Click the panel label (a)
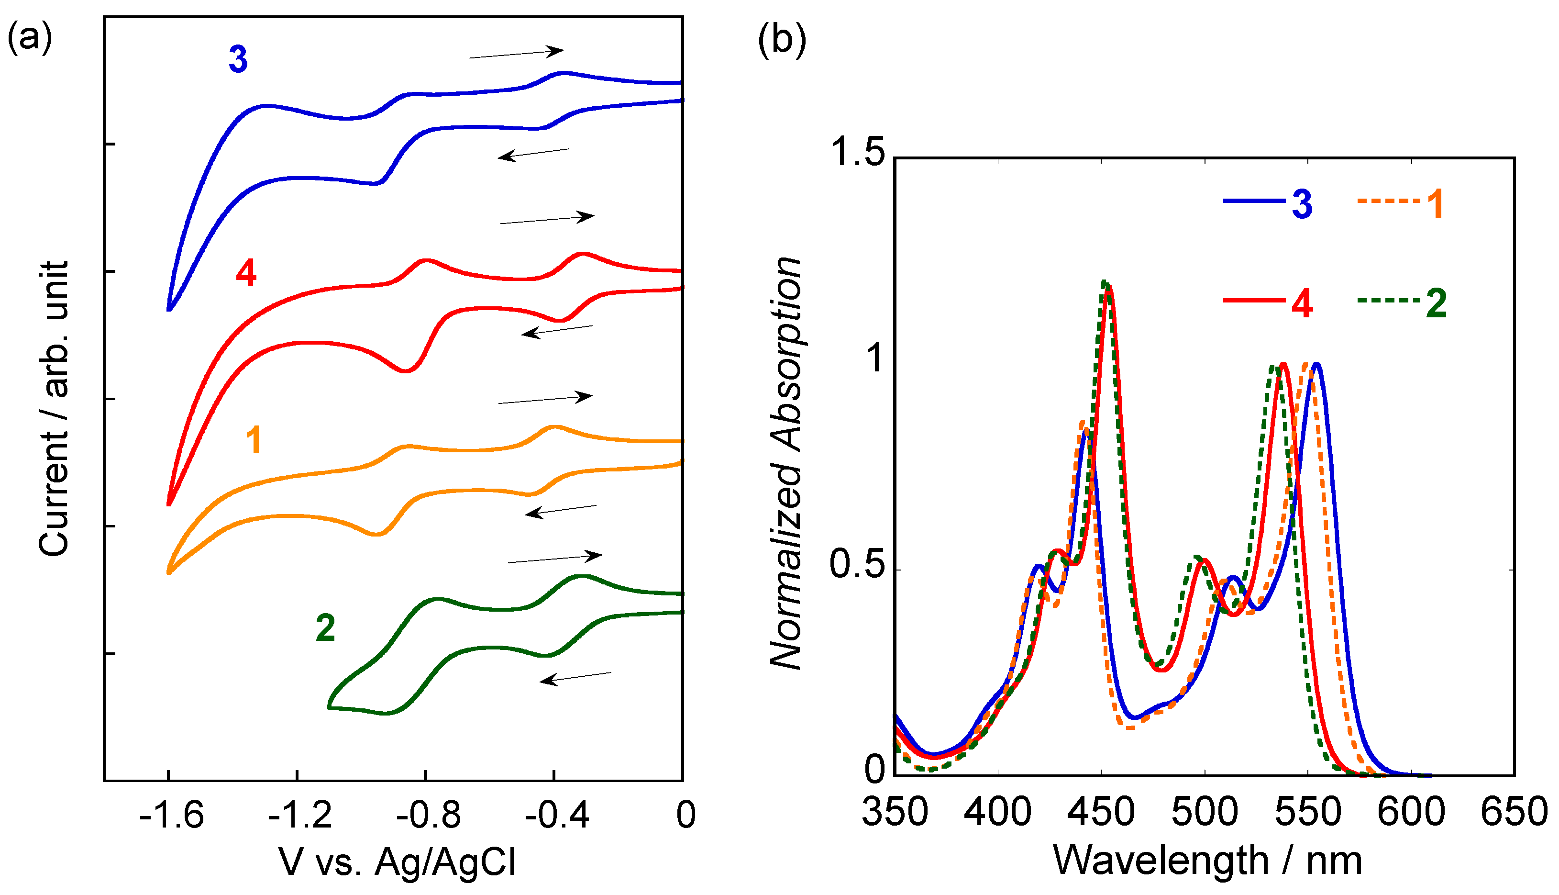[x=30, y=38]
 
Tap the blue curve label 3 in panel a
[x=238, y=60]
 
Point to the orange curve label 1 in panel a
[x=254, y=440]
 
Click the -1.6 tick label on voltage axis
[x=171, y=816]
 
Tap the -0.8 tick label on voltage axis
[x=428, y=816]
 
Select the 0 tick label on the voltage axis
[x=686, y=816]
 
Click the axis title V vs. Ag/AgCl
[x=398, y=862]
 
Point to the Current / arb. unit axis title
[x=54, y=409]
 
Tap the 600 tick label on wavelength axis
[x=1411, y=812]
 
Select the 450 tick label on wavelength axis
[x=1101, y=812]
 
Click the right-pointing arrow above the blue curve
[x=516, y=54]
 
